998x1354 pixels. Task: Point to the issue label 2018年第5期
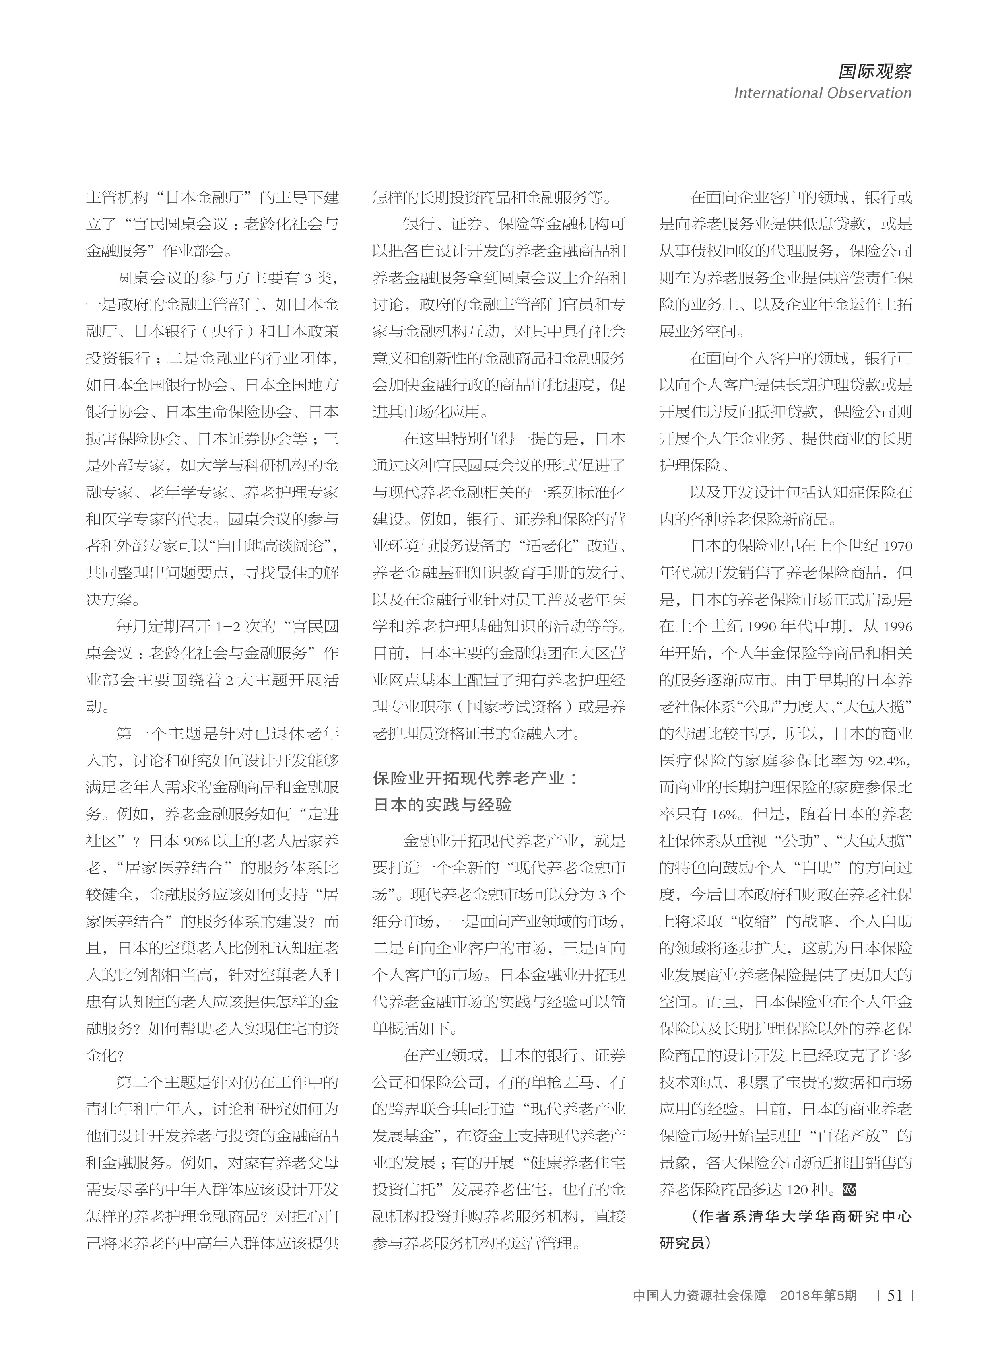click(818, 1296)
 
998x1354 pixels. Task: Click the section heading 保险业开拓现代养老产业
click(475, 778)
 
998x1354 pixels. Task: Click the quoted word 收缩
click(755, 922)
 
